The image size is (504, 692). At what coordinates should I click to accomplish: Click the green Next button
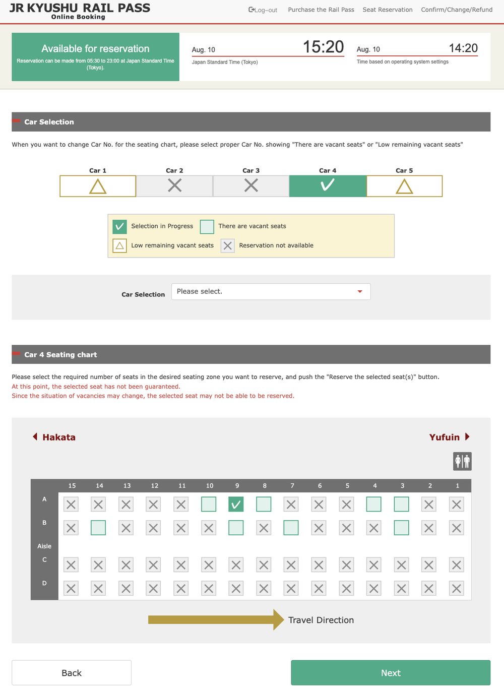(x=390, y=672)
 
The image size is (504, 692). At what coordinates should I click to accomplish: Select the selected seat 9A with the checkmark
(x=236, y=504)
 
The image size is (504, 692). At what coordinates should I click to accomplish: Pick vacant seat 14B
(x=98, y=528)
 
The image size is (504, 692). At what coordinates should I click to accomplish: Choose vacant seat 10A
(x=209, y=504)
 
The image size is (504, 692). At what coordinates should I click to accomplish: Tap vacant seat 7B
(x=291, y=528)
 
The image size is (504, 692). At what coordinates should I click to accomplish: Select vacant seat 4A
(x=373, y=504)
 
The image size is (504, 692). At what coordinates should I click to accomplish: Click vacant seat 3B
(x=401, y=528)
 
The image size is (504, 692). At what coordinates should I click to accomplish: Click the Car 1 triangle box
(x=98, y=186)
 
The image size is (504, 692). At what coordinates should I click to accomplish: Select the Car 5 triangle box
(x=404, y=186)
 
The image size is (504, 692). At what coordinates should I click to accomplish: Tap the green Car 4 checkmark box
(x=328, y=186)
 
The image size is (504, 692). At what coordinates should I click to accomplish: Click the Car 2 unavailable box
(x=174, y=186)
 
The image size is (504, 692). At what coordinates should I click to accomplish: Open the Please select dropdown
(x=271, y=291)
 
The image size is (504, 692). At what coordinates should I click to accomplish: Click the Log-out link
(x=263, y=10)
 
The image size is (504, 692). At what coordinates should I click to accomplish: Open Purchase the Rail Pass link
(x=321, y=10)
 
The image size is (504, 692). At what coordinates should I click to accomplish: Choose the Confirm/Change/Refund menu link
(x=457, y=10)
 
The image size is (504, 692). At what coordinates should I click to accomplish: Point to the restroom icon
(x=462, y=461)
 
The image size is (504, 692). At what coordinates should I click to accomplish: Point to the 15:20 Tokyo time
(x=323, y=47)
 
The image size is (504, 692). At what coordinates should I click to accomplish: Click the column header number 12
(x=154, y=485)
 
